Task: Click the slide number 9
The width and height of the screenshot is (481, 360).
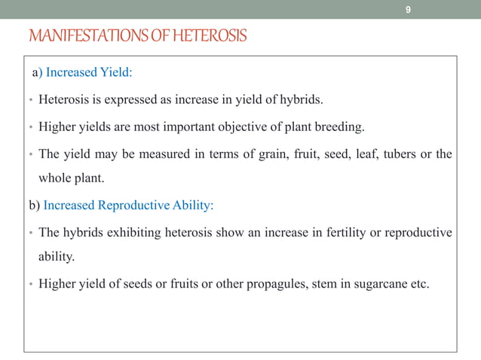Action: (408, 10)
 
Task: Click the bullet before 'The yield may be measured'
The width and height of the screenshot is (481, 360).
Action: (28, 155)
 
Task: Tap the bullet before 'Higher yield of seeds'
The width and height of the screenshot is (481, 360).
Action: (28, 284)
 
